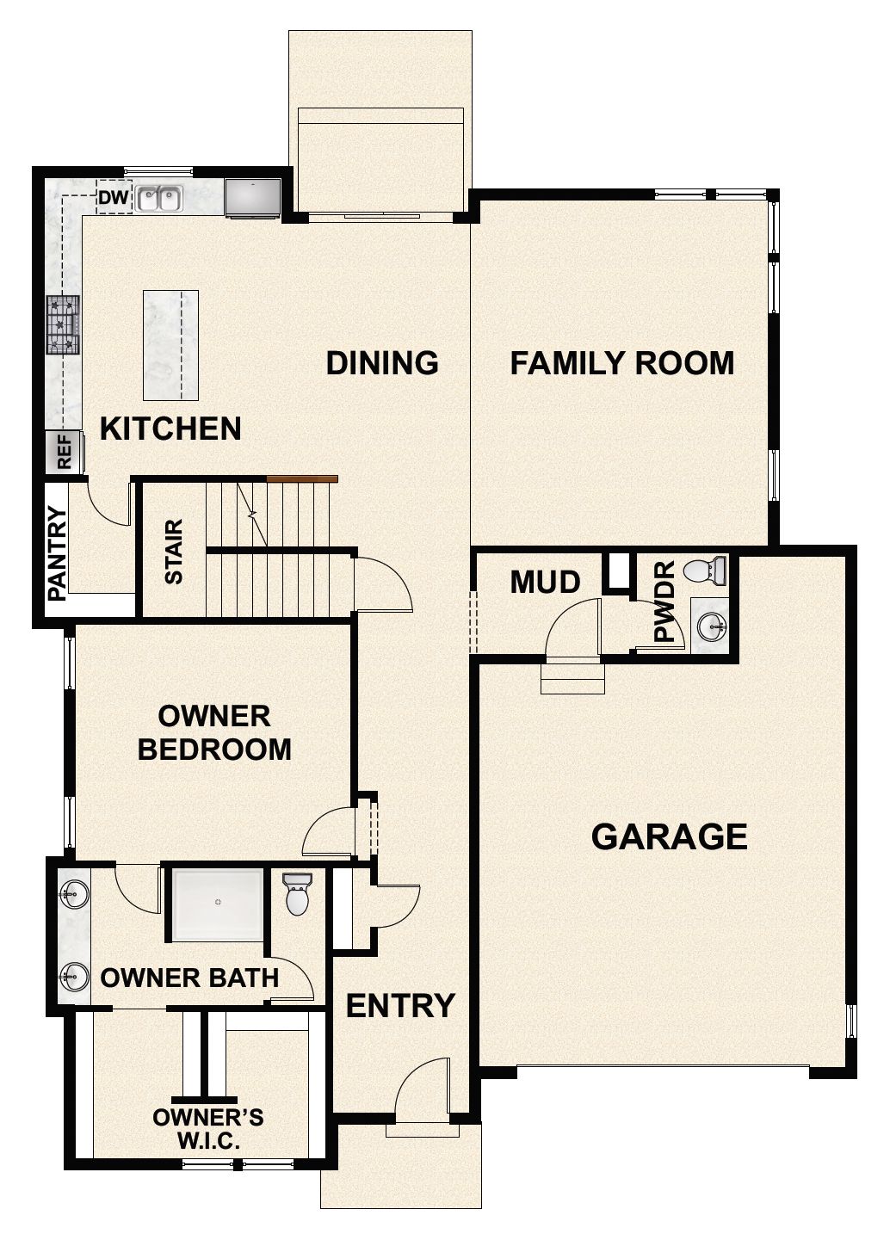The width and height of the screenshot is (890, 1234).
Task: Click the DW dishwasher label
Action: coord(113,199)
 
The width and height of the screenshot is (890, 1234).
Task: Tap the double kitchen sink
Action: coord(158,200)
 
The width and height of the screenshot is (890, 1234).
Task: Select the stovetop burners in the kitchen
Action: coord(63,324)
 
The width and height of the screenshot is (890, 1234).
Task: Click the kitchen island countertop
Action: coord(170,345)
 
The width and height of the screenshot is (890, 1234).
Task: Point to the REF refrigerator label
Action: coord(65,453)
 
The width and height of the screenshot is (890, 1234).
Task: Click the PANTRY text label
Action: coord(58,553)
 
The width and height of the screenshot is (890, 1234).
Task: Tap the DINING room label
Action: coord(382,363)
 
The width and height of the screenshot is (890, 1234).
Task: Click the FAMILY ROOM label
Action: coord(621,363)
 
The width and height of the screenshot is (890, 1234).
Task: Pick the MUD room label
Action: coord(545,583)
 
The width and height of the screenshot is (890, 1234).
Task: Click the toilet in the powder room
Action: coord(706,571)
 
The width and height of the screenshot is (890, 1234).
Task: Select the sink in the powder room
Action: coord(712,626)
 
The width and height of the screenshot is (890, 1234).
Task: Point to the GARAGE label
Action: coord(669,836)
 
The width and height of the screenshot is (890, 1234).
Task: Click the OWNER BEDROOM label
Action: coord(214,732)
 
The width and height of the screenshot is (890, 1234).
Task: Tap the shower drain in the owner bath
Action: coord(218,902)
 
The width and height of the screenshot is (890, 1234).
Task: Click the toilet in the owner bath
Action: coord(297,895)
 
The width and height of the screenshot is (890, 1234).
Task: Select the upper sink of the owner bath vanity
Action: coord(74,894)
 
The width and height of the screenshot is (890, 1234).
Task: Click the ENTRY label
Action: coord(400,1005)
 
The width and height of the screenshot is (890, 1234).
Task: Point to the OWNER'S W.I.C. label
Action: coord(208,1129)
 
